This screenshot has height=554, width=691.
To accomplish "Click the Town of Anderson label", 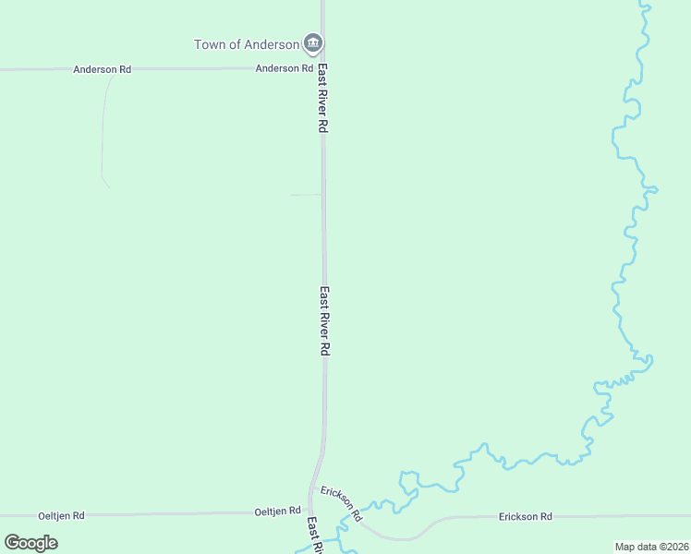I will [247, 44].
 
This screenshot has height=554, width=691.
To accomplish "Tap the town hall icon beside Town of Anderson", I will [313, 43].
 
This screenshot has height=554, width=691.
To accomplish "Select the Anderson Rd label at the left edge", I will [103, 69].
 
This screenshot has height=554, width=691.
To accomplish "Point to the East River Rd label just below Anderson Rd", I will [323, 99].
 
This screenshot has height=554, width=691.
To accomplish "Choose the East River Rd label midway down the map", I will [324, 321].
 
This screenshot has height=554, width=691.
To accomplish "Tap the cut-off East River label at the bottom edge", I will [314, 536].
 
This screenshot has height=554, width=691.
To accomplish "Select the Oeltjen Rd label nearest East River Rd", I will [278, 511].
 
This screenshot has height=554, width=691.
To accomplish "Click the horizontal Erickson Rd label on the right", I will [525, 516].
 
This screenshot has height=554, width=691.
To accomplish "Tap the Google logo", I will [31, 543].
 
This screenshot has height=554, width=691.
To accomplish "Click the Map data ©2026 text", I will [651, 547].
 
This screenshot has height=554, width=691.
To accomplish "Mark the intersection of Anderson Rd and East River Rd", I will [322, 67].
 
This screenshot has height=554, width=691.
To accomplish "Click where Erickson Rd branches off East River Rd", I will [314, 487].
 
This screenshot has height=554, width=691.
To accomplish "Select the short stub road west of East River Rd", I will [306, 195].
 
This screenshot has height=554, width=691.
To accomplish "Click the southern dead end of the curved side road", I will [109, 187].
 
